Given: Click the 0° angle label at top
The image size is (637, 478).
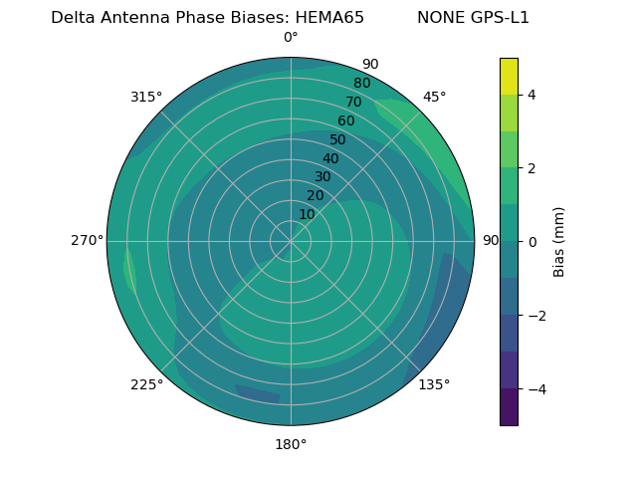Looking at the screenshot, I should pos(291,38).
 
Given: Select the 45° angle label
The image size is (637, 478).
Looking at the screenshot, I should pos(434,97).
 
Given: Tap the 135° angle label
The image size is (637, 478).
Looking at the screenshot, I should pos(434,384).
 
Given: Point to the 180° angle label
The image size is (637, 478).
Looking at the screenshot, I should pos(291,444).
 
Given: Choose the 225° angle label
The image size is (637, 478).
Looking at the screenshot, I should pos(146,384).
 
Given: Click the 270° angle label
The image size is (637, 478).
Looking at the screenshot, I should pos(87,241).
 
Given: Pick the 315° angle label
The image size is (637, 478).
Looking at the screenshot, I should pos(146,97).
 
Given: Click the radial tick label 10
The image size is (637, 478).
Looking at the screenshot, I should pos(307,214).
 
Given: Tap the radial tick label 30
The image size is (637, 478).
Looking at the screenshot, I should pos(322,177).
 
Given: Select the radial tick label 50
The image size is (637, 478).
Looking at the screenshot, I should pos(338,139).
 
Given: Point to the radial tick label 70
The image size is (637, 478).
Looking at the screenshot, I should pos(353,102).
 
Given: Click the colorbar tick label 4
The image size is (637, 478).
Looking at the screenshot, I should pos(531,95).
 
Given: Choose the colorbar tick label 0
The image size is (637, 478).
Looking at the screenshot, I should pos(531,241).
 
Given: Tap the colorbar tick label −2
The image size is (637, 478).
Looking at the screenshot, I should pos(535,315).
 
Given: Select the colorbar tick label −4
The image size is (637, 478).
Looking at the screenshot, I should pos(535,388).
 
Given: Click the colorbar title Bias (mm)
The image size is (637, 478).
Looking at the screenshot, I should pos(559,241).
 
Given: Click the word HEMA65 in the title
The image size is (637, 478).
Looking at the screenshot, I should pos(329,18).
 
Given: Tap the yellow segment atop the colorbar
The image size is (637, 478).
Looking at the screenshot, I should pos(509,77).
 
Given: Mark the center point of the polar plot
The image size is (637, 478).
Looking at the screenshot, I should pos(291,241).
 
